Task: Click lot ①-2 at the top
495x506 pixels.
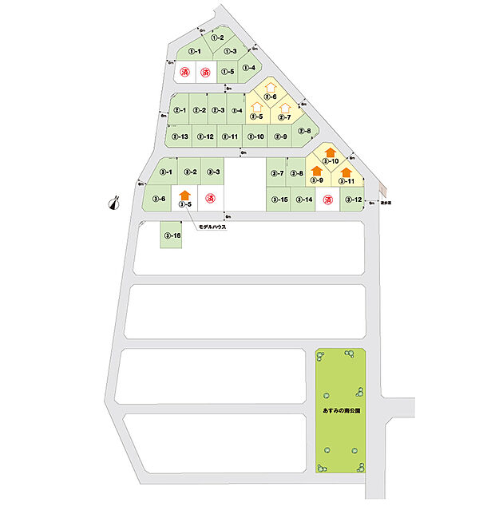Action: point(216,38)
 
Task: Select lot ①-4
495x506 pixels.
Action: point(249,69)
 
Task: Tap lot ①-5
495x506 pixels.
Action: point(228,71)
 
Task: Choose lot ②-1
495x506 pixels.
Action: point(180,111)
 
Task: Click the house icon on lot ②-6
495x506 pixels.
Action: point(270,87)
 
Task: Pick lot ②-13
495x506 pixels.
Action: point(180,136)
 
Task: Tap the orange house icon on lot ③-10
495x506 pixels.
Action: point(329,152)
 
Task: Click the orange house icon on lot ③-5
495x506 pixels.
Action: point(185,194)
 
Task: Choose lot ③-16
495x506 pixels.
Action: point(171,235)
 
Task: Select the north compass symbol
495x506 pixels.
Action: point(113,203)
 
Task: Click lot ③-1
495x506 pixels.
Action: point(166,172)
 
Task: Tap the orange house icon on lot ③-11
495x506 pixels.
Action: point(346,171)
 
